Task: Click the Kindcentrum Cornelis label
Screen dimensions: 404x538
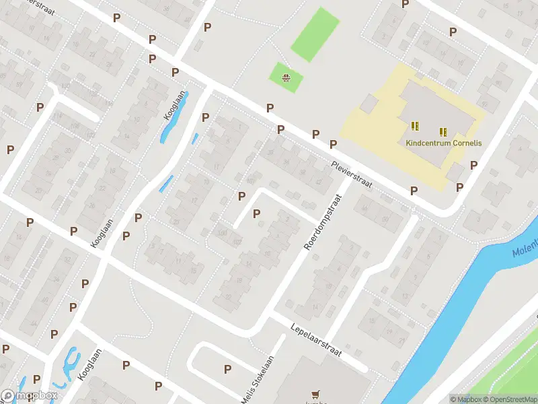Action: (441, 143)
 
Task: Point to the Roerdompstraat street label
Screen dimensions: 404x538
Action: (323, 223)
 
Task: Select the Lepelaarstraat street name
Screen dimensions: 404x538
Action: (317, 340)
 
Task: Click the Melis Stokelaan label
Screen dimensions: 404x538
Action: (259, 381)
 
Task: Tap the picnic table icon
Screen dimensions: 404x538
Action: (287, 78)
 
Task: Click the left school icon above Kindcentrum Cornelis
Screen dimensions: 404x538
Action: (415, 126)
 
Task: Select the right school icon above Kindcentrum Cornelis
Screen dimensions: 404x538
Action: (443, 132)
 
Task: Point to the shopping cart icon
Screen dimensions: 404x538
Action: (314, 395)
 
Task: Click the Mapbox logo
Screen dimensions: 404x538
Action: (28, 396)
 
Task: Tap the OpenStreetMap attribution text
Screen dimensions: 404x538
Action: (508, 399)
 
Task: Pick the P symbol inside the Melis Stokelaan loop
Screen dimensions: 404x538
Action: (227, 369)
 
